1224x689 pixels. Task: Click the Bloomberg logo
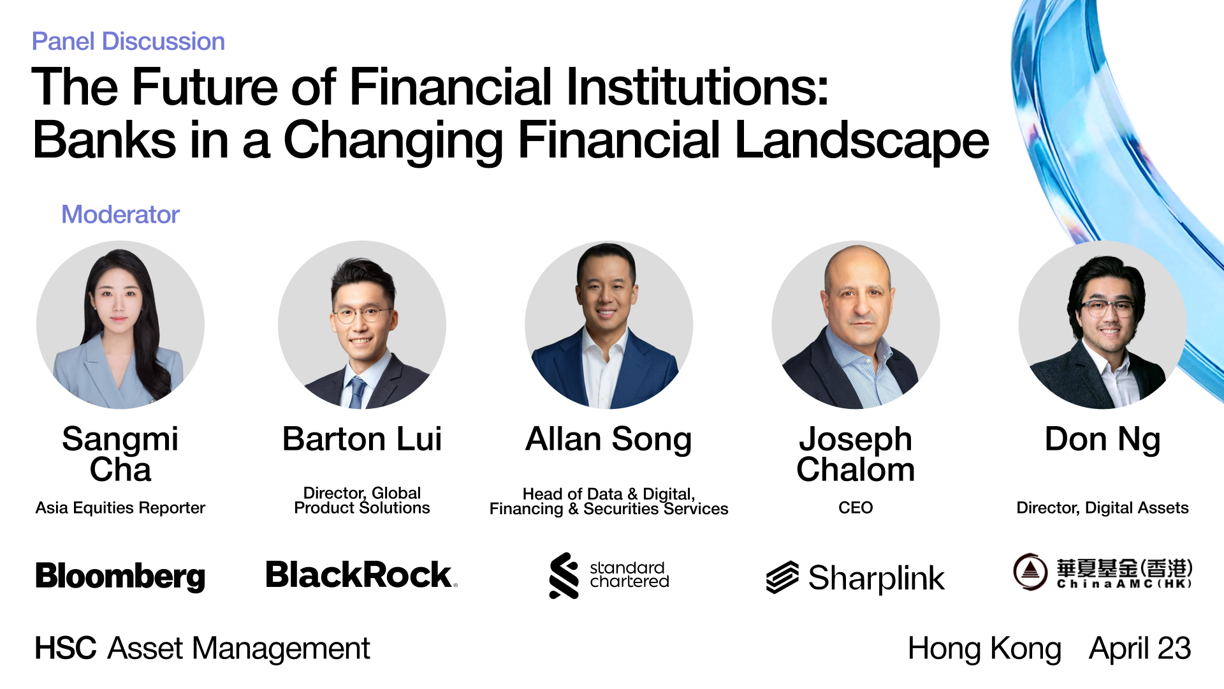(x=120, y=576)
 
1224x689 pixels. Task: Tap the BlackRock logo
(x=361, y=575)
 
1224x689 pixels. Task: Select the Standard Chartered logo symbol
(x=564, y=575)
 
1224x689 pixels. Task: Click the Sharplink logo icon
(x=782, y=577)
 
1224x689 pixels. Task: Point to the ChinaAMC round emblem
(x=1030, y=572)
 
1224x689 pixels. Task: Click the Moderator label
(x=120, y=214)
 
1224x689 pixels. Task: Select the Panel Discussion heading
(x=128, y=41)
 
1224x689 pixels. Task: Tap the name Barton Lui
(x=362, y=439)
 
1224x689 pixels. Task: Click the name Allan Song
(x=609, y=440)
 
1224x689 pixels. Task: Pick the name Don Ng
(x=1102, y=440)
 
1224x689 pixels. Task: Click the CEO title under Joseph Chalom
(x=856, y=508)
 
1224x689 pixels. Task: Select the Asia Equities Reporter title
(x=120, y=508)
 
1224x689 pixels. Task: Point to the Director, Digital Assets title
(x=1102, y=508)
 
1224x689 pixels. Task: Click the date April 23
(x=1140, y=649)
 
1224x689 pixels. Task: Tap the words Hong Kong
(x=984, y=649)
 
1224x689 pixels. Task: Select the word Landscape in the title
(x=862, y=141)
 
